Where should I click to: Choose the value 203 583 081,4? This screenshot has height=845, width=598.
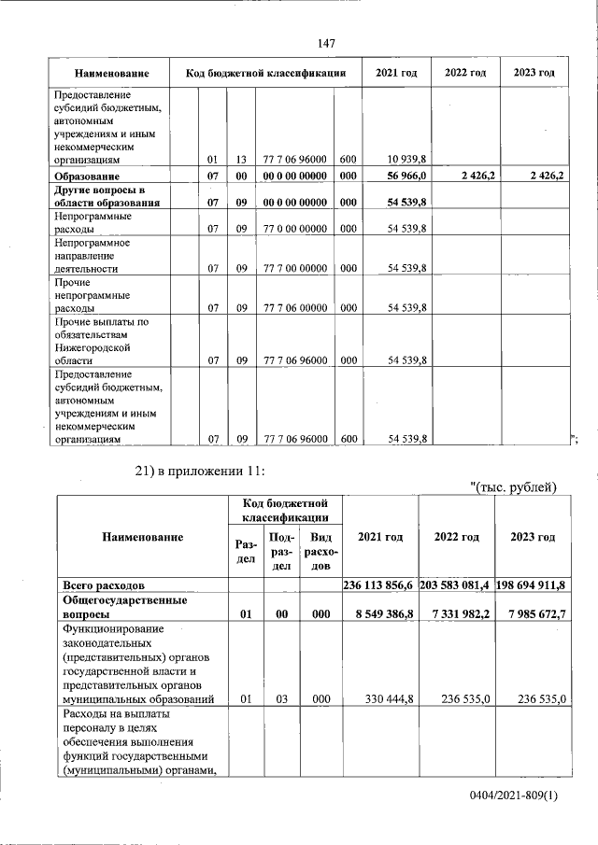[x=455, y=584]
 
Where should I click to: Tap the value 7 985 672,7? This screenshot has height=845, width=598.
[x=538, y=615]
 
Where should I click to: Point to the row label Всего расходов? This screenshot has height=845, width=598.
[x=103, y=584]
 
